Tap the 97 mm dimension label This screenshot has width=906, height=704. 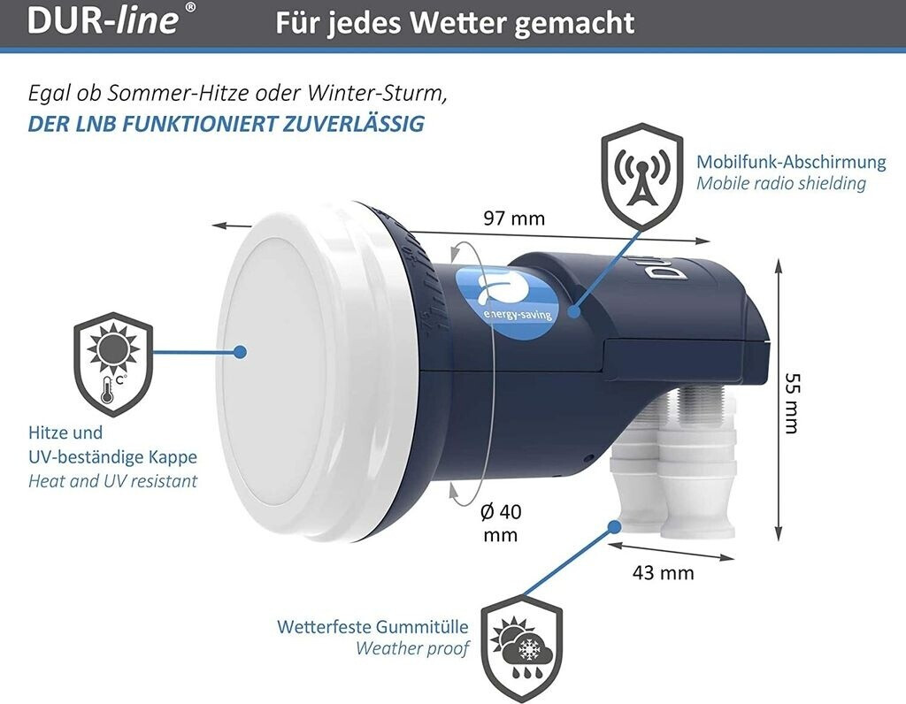514,218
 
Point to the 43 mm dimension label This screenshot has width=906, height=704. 663,572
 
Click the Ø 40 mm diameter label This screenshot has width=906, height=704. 500,523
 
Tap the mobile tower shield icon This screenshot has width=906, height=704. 642,174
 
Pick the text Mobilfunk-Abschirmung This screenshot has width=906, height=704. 791,162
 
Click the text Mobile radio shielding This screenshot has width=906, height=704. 781,183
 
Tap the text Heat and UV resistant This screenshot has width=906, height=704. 112,481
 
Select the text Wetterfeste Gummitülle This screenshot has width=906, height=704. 372,627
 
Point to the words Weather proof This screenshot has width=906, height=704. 411,648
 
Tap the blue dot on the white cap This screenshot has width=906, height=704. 239,352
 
